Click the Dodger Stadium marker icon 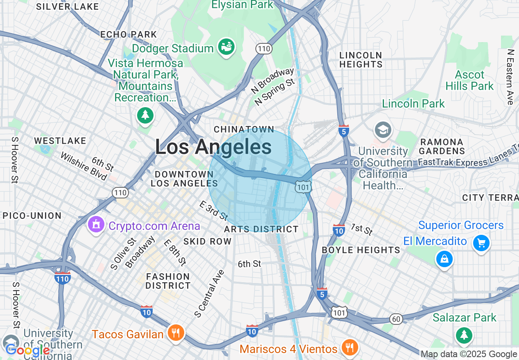[226, 47]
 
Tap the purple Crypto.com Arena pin [96, 225]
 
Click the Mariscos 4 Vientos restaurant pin [349, 347]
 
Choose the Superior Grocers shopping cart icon [481, 243]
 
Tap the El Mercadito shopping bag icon [444, 258]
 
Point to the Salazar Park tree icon [464, 335]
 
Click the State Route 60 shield [396, 319]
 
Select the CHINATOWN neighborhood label [244, 129]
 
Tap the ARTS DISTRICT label [261, 229]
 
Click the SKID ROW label [208, 241]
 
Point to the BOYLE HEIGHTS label [361, 250]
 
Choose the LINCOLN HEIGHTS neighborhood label [361, 60]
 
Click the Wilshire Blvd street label [83, 166]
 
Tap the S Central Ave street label [210, 293]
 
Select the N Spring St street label [275, 92]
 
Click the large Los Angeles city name [213, 147]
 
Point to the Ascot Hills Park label [469, 81]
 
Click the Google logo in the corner [28, 351]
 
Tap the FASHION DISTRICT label [168, 281]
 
